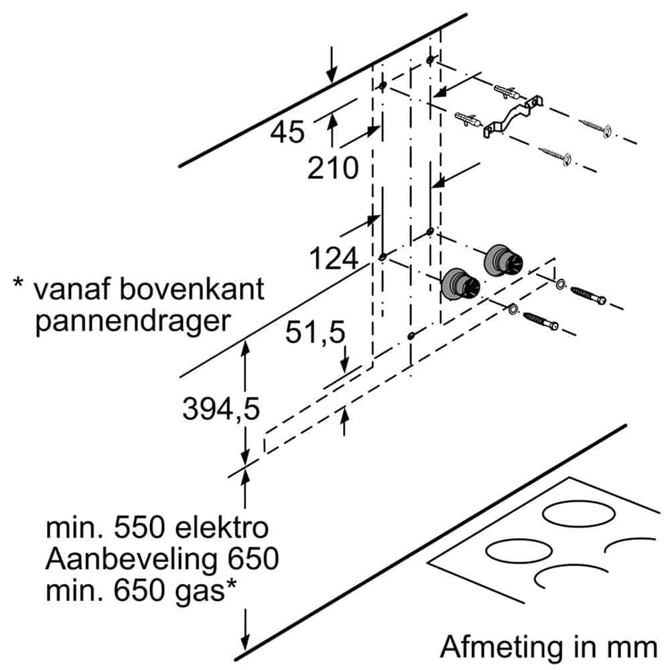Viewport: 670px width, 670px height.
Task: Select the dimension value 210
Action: (333, 169)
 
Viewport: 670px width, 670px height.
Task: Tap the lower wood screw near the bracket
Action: (555, 155)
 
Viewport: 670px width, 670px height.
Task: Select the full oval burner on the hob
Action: (513, 553)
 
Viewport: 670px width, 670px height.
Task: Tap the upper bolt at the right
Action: (588, 294)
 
